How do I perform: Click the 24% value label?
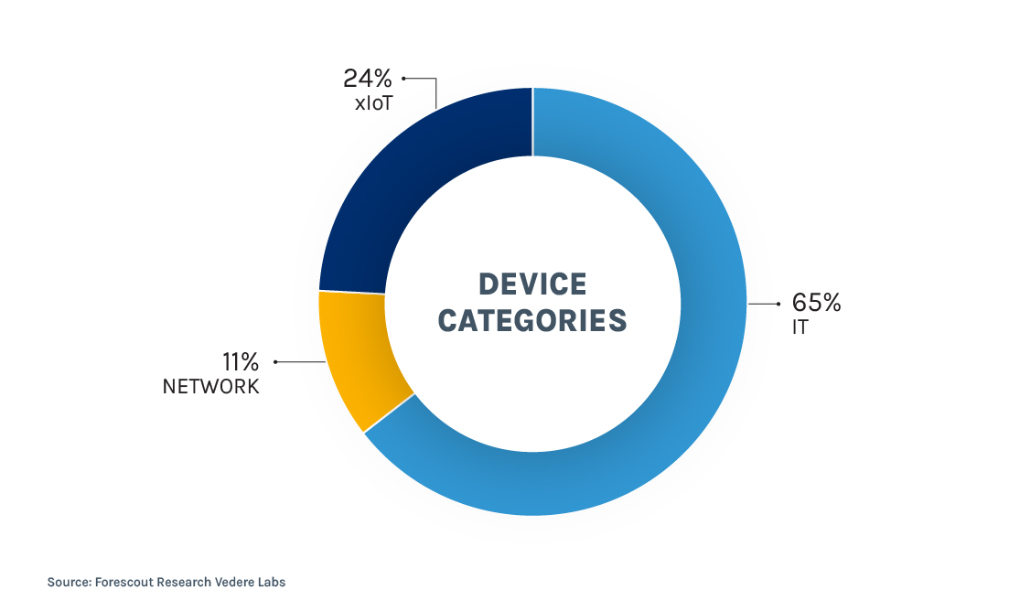[368, 78]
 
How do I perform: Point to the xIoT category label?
[373, 103]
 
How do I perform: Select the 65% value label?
[817, 303]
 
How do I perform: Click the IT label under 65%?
[800, 327]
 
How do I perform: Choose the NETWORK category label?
[211, 386]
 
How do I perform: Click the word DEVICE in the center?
[532, 284]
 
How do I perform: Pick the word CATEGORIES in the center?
[532, 320]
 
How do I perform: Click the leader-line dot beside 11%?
[275, 362]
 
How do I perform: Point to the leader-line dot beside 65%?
[778, 303]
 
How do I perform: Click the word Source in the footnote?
[68, 582]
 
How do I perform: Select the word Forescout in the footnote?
[126, 582]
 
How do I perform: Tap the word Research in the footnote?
[188, 582]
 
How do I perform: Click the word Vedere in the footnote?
[240, 582]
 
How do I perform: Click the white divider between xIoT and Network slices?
[352, 293]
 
